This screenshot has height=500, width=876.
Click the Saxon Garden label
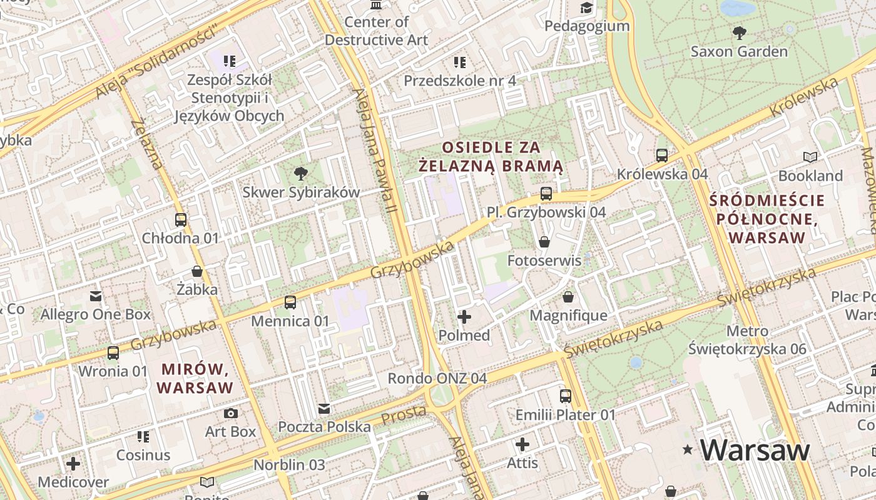tap(739, 51)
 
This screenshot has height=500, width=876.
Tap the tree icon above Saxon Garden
tap(739, 32)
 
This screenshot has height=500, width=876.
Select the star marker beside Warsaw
tap(688, 449)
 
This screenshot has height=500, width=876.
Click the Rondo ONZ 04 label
tap(437, 378)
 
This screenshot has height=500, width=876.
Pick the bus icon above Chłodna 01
tap(181, 220)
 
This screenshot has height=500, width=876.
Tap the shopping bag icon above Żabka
tap(197, 271)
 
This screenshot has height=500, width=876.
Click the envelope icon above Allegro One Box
tap(96, 296)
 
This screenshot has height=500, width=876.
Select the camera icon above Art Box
tap(231, 413)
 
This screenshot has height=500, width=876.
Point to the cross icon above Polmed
tap(464, 317)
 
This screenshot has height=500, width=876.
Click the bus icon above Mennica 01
tap(290, 302)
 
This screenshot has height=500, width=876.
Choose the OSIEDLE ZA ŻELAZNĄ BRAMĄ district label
tap(491, 157)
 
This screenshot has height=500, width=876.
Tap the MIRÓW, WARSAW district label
tap(195, 378)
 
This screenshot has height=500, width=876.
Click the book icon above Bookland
tap(810, 157)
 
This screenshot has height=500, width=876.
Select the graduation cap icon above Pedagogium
tap(586, 7)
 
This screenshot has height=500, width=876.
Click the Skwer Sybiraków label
tap(301, 192)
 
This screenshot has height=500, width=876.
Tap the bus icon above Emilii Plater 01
tap(566, 396)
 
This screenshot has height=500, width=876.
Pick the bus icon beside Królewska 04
tap(662, 155)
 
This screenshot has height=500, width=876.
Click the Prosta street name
tap(404, 414)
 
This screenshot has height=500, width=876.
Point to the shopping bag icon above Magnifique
tap(568, 297)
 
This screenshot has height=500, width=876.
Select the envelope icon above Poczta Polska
tap(324, 409)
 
